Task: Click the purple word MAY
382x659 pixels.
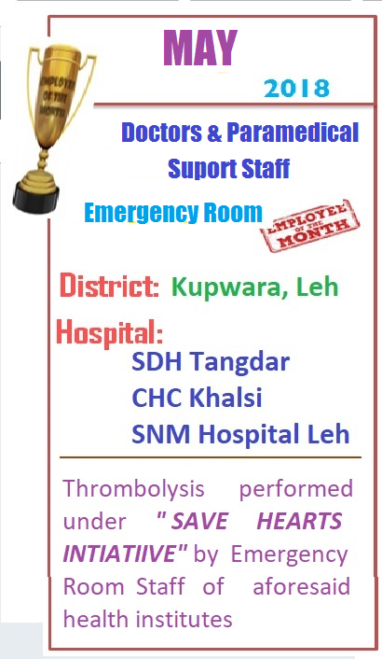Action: [x=200, y=48]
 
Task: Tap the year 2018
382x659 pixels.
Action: [x=297, y=89]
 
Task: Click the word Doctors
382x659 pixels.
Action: [x=161, y=132]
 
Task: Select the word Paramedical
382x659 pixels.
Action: [x=293, y=132]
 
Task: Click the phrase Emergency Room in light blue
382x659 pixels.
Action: [x=173, y=213]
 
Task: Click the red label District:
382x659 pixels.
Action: [x=109, y=286]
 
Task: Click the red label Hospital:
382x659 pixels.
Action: [x=109, y=332]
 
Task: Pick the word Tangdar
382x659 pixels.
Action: [x=239, y=362]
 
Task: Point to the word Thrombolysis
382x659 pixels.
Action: [x=133, y=489]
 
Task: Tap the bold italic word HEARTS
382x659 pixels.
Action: [x=299, y=521]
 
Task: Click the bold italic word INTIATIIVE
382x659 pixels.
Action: [x=122, y=554]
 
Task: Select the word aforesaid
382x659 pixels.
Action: [x=301, y=586]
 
